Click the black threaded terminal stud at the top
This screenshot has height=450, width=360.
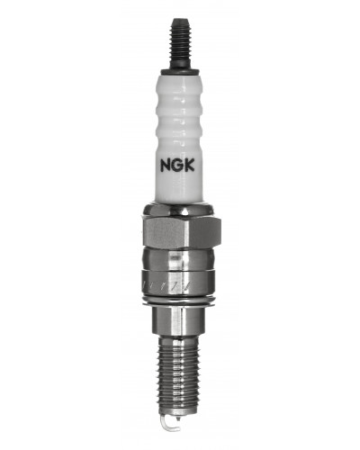(180, 45)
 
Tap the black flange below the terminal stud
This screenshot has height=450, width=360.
(180, 71)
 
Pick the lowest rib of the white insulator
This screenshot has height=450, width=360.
(180, 132)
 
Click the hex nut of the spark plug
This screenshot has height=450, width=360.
(180, 229)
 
